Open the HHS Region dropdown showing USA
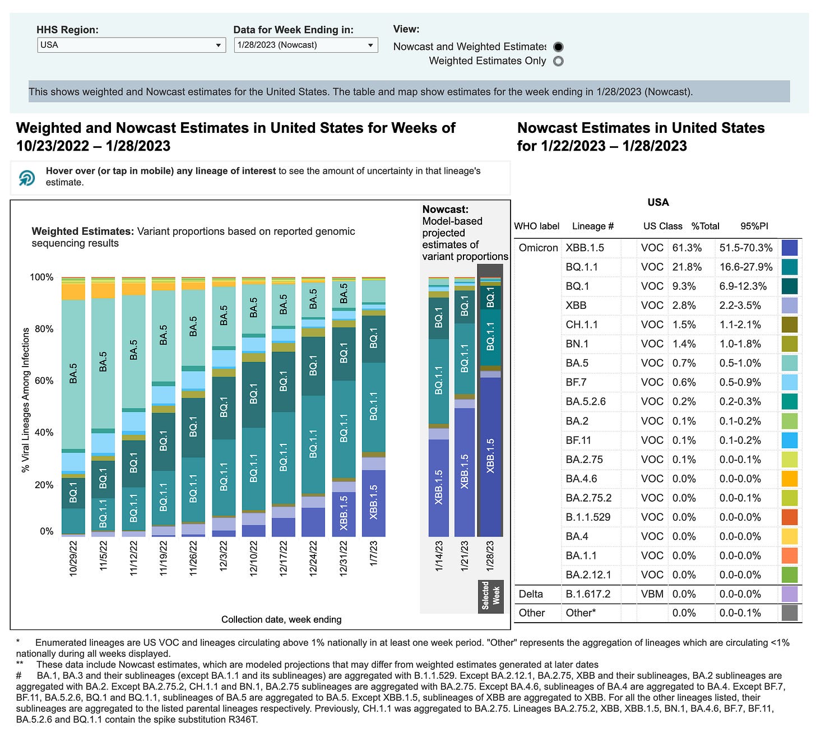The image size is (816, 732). [131, 45]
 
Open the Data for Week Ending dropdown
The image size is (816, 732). [305, 45]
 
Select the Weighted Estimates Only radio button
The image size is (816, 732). [558, 61]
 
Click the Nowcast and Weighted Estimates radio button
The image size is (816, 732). [558, 47]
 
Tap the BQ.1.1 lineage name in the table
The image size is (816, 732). [582, 267]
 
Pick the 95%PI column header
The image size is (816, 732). [754, 226]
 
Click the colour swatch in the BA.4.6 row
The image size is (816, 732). [789, 479]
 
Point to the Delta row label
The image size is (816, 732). [531, 594]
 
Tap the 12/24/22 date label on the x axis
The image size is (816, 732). [313, 558]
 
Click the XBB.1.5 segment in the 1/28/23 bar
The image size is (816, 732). [490, 454]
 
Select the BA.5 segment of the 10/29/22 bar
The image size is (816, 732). [73, 374]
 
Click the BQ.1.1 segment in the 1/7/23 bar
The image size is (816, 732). [374, 407]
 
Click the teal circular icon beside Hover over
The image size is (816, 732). [27, 177]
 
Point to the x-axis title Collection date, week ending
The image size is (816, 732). [281, 619]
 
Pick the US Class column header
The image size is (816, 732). [662, 226]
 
